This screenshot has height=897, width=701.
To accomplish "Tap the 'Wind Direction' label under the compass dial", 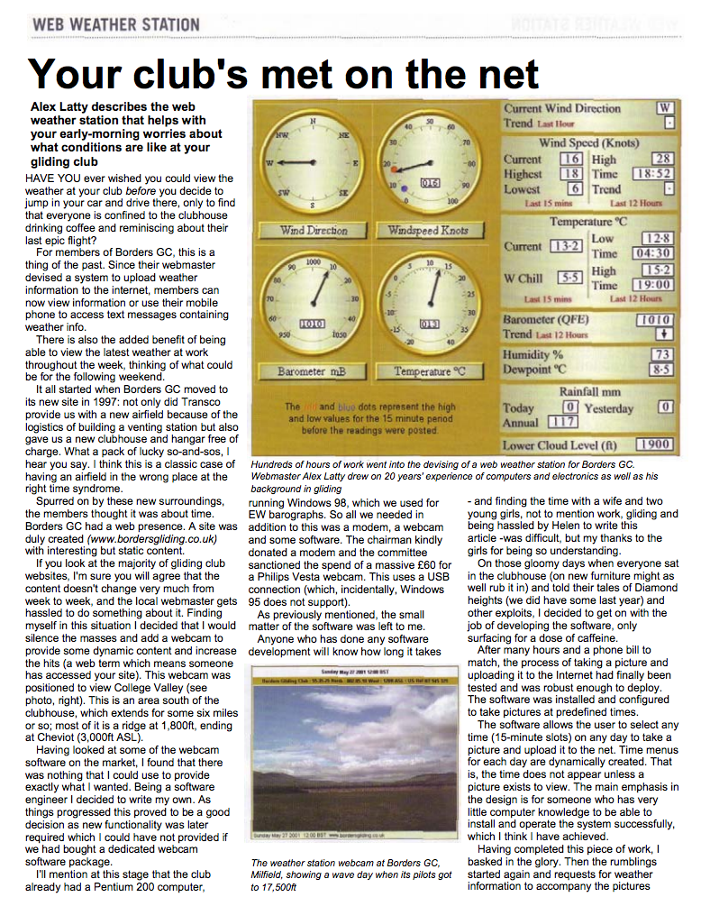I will click(314, 231).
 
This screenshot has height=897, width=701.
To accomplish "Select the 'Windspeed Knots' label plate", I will click(428, 231).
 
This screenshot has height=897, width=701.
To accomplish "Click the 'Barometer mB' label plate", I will click(313, 371).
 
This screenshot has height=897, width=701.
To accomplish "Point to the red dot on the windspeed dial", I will click(394, 169).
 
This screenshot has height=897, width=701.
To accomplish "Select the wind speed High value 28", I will click(663, 159).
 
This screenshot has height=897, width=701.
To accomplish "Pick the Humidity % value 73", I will click(662, 355).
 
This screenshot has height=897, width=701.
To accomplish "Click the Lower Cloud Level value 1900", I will click(654, 444).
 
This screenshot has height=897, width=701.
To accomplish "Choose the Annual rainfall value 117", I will click(563, 421).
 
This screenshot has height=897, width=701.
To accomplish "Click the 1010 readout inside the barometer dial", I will click(312, 323).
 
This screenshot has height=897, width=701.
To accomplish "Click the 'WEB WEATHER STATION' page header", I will click(115, 23).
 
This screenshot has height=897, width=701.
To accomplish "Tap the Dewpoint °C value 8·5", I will click(662, 370).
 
